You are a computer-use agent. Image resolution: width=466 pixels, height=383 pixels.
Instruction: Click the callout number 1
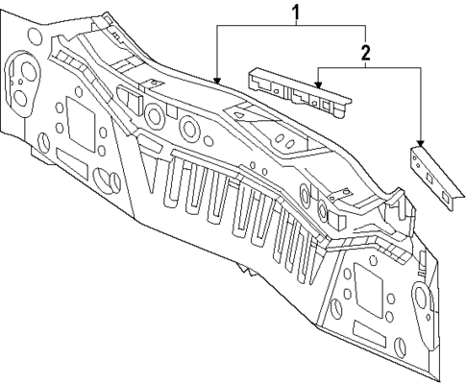[x=296, y=12]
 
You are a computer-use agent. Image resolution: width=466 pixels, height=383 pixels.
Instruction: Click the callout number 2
[x=366, y=52]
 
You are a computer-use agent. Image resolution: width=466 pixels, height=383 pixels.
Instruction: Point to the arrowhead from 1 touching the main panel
[x=217, y=84]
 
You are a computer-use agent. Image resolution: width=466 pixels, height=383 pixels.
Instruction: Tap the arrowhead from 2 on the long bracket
[x=317, y=92]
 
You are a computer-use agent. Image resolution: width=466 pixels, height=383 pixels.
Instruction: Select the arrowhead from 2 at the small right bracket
[x=421, y=143]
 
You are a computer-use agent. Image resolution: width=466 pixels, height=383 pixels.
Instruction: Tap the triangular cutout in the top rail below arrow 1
[x=236, y=115]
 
